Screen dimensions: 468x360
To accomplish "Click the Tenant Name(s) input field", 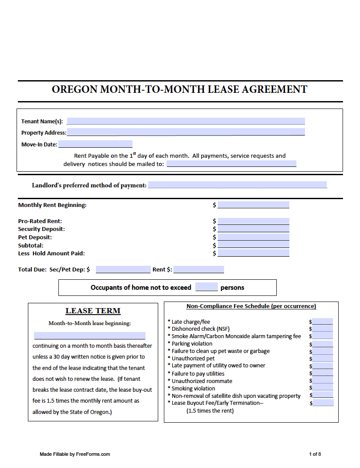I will pos(186,121).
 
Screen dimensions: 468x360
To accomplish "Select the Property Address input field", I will pos(186,132).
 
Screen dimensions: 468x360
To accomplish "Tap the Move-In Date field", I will pos(95,144).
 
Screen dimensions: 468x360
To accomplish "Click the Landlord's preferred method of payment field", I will pos(237,185).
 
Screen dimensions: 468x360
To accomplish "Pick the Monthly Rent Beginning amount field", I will pos(253,205).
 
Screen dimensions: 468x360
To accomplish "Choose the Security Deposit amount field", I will pos(253,229).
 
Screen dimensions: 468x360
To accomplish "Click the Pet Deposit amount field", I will pos(253,237).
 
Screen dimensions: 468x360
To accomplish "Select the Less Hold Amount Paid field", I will pos(253,253).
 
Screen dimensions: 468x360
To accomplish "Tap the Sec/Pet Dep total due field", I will pos(123,269).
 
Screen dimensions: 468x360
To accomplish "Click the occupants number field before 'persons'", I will pos(206,287).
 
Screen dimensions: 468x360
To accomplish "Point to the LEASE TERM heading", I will pos(93,311).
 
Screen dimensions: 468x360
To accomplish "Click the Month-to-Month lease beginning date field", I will pos(89,336).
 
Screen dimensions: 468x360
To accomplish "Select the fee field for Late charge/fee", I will pos(323,322).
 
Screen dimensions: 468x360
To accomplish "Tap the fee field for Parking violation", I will pos(323,344).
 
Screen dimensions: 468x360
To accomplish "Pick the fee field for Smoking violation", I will pos(323,388).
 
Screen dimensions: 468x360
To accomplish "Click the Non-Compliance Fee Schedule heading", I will pos(251,306).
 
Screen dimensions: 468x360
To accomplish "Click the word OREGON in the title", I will pos(75,89).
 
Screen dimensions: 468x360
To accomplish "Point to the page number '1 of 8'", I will pos(315,454).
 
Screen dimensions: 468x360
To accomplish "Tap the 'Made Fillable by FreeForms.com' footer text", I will pos(75,454).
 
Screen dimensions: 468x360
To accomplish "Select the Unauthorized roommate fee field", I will pos(323,380).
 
